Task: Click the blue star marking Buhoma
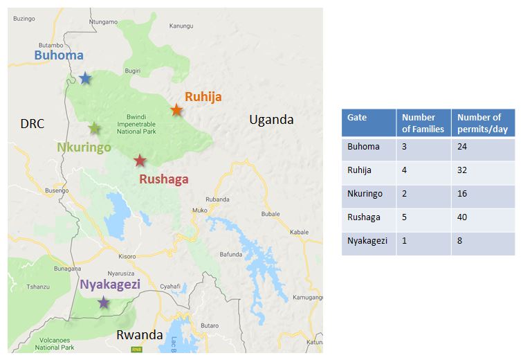[x=84, y=78]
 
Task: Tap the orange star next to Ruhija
[x=176, y=110]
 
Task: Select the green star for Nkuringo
[x=95, y=128]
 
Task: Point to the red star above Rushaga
[x=140, y=161]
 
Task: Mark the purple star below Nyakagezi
[x=103, y=302]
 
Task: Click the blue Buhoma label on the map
[x=59, y=55]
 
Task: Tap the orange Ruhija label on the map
[x=203, y=97]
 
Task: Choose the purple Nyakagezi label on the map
[x=110, y=285]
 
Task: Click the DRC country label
[x=32, y=124]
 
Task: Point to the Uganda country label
[x=271, y=120]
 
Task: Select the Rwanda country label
[x=139, y=335]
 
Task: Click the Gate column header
[x=357, y=118]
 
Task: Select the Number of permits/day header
[x=479, y=123]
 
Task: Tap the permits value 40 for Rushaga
[x=462, y=217]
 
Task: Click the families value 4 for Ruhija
[x=405, y=170]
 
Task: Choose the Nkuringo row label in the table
[x=365, y=194]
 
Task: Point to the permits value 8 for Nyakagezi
[x=459, y=241]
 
